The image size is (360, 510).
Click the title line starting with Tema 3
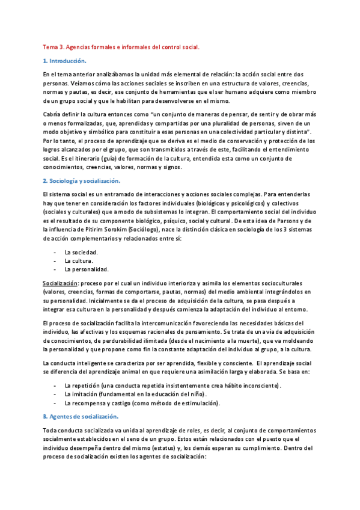coord(121,46)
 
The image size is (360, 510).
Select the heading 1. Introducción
coord(65,61)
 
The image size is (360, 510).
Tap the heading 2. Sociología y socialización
coord(82,180)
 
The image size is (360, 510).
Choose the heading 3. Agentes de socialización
coord(81,416)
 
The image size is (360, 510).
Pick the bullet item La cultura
coord(78,260)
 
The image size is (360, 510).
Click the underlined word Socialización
coord(60,283)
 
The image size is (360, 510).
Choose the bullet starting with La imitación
coord(129,394)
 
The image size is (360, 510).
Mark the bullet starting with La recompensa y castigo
coord(142,402)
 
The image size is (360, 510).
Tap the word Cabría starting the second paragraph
coord(52,114)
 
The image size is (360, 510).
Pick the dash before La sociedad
coord(55,252)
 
